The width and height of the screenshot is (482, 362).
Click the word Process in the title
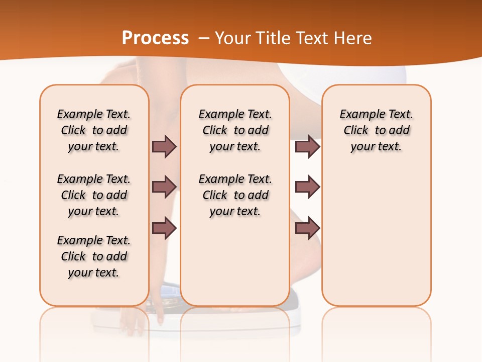155,38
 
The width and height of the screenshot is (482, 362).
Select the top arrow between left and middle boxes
164,146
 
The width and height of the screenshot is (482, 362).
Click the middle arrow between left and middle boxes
164,187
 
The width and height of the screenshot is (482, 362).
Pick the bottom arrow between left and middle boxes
164,228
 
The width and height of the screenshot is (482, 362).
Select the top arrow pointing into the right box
307,146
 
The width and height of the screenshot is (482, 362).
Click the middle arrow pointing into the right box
307,187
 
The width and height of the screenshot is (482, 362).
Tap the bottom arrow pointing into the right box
307,228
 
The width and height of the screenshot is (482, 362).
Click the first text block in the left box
94,130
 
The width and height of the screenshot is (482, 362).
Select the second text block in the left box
94,195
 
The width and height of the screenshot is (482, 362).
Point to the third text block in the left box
94,256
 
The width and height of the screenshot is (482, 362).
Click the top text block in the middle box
235,130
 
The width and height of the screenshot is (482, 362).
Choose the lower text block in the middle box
235,195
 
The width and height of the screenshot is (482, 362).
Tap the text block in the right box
376,130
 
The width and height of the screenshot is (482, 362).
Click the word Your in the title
233,38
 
